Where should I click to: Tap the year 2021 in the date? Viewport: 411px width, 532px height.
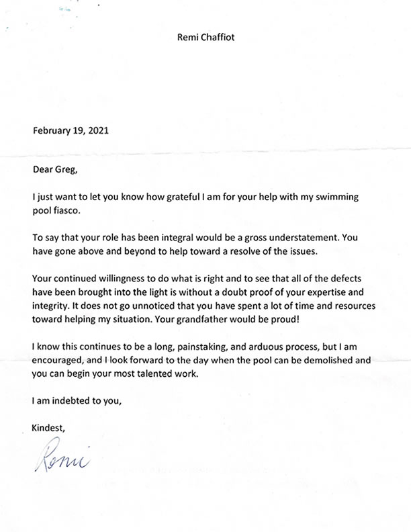click(x=97, y=130)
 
